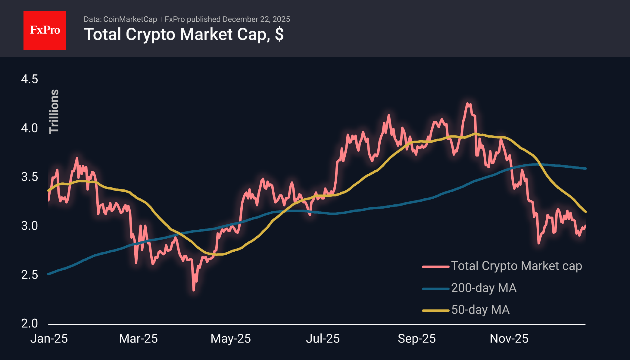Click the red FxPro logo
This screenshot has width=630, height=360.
[45, 30]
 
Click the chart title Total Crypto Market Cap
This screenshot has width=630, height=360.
[183, 34]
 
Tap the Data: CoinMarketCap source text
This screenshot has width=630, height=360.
[120, 19]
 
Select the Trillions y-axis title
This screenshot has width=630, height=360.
[54, 111]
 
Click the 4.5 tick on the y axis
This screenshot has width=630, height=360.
[30, 79]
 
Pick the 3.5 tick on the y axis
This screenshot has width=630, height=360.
[30, 177]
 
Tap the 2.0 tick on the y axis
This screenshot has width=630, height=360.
[30, 323]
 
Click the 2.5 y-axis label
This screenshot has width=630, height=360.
[30, 275]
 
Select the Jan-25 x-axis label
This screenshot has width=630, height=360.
[49, 339]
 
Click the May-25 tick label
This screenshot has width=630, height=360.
[231, 339]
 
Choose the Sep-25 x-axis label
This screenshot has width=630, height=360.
[416, 339]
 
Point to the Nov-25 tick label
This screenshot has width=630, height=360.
[509, 339]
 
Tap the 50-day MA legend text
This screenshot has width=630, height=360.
[480, 310]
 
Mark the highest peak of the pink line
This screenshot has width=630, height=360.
[468, 104]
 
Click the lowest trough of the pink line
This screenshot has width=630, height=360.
[193, 290]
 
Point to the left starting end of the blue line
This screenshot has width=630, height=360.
[48, 274]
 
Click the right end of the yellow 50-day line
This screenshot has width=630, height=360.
[585, 212]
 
